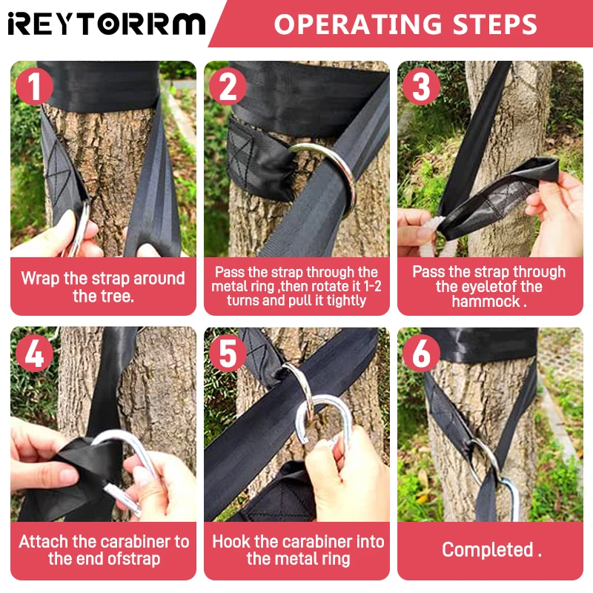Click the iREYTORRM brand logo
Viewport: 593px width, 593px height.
[107, 24]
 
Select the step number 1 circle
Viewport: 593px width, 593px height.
[34, 86]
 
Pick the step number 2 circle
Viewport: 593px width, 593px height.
[228, 86]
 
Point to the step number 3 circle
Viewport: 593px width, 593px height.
[422, 86]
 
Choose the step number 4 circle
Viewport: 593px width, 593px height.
[34, 354]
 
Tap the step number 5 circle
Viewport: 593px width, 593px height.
[228, 354]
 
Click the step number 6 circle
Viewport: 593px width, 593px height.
[422, 354]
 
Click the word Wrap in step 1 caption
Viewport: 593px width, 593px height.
[40, 279]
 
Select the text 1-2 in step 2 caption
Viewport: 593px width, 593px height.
[371, 286]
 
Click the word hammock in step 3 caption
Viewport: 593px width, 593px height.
[486, 302]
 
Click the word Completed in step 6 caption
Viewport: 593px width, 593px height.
[488, 549]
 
